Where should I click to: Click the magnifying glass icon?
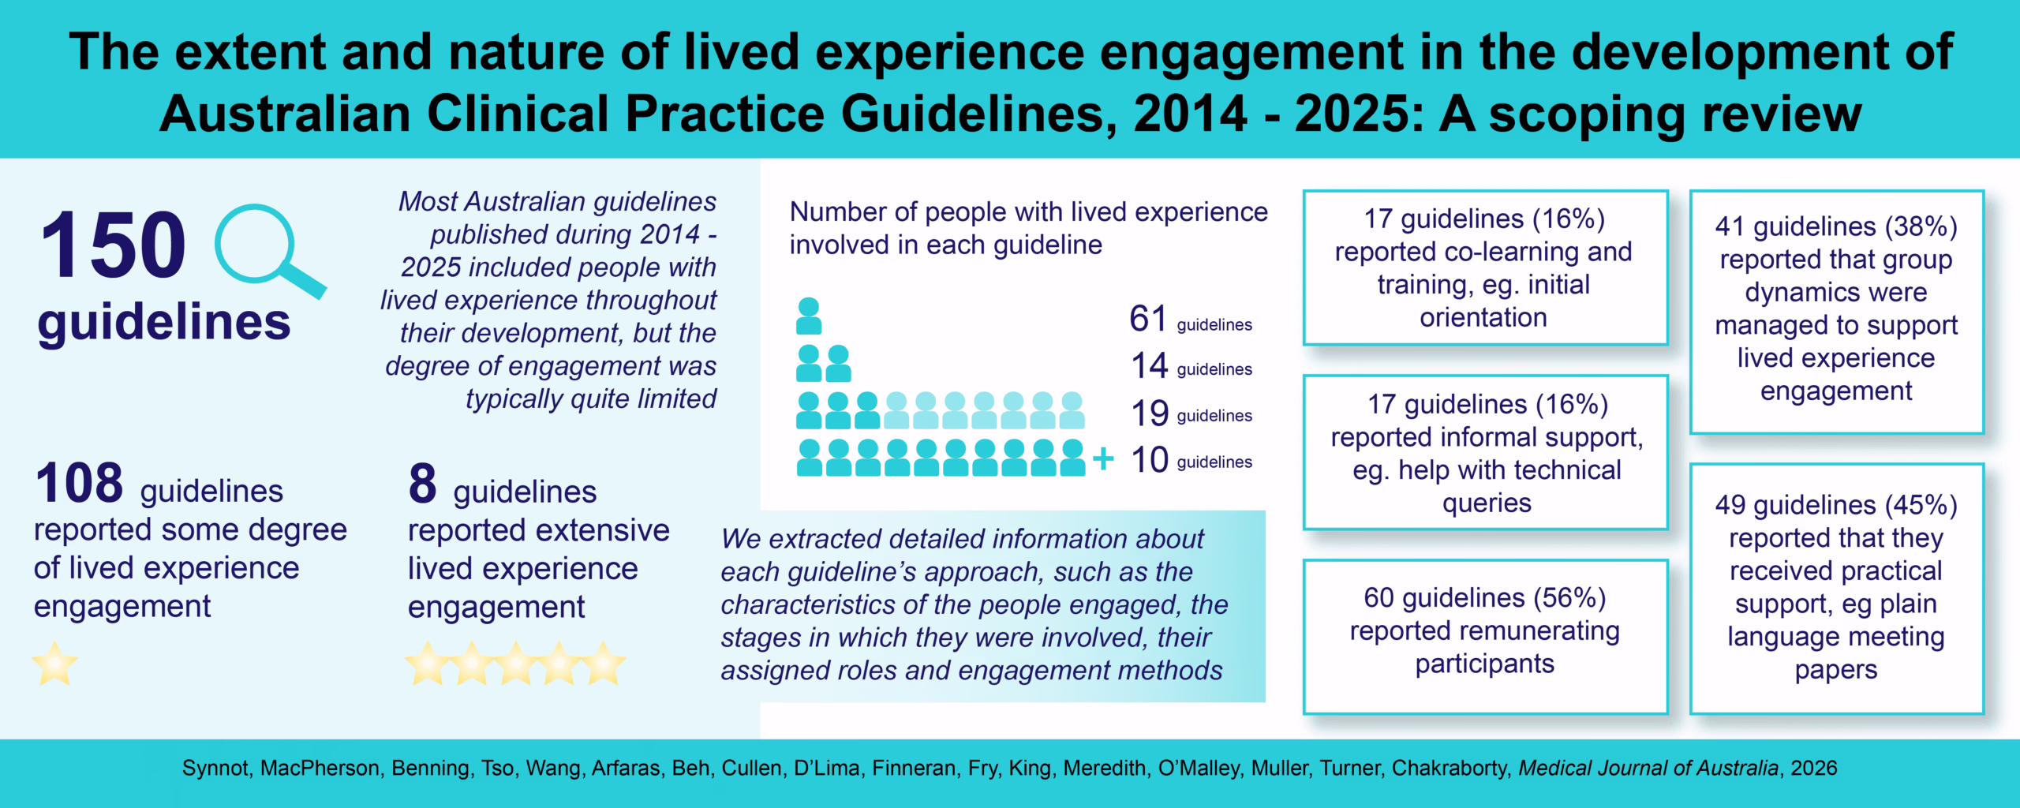pyautogui.click(x=265, y=249)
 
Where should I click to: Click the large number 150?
pyautogui.click(x=113, y=245)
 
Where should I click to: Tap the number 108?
pyautogui.click(x=79, y=483)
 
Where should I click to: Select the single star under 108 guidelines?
pyautogui.click(x=55, y=664)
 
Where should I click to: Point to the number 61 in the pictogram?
pyautogui.click(x=1147, y=319)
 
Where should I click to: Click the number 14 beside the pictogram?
pyautogui.click(x=1149, y=365)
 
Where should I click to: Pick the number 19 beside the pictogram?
pyautogui.click(x=1149, y=413)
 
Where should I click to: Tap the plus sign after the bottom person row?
pyautogui.click(x=1103, y=458)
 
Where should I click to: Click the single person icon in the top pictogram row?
pyautogui.click(x=809, y=316)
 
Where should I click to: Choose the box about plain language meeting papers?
pyautogui.click(x=1835, y=587)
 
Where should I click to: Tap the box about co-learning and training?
pyautogui.click(x=1484, y=267)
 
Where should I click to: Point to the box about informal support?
pyautogui.click(x=1486, y=453)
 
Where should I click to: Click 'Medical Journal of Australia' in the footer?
pyautogui.click(x=1648, y=768)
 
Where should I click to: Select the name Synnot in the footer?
pyautogui.click(x=215, y=768)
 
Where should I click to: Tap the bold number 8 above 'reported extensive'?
pyautogui.click(x=422, y=483)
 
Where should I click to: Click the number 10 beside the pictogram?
pyautogui.click(x=1149, y=459)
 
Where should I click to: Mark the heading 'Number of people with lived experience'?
pyautogui.click(x=1028, y=212)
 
